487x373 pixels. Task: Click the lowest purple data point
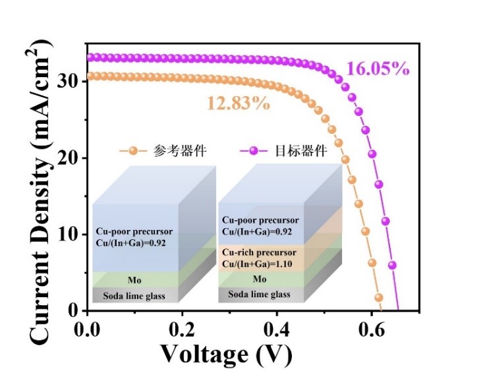coord(392,266)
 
